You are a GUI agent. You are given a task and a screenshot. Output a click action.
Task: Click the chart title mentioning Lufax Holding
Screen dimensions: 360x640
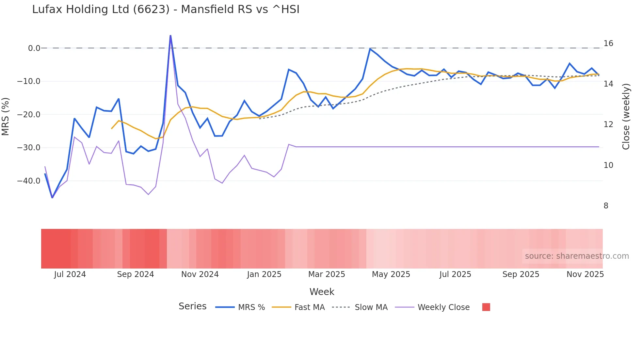(166, 9)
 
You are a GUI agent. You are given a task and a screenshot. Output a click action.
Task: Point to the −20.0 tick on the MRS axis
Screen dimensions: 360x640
(29, 115)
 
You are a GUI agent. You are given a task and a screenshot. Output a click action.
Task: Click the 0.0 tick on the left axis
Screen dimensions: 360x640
(34, 48)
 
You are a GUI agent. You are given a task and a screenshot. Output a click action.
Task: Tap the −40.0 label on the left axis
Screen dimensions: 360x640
(29, 181)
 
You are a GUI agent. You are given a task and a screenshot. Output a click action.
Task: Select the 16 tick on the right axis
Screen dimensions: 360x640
(608, 43)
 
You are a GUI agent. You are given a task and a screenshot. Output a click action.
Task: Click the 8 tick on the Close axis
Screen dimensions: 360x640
(606, 206)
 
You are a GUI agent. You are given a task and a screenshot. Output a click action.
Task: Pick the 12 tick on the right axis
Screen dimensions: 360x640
(608, 124)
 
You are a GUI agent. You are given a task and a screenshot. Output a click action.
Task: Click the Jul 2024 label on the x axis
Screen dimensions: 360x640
(70, 274)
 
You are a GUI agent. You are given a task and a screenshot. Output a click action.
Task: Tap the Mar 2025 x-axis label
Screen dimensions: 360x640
(327, 274)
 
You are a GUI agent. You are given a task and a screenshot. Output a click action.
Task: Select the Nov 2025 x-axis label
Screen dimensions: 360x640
(585, 274)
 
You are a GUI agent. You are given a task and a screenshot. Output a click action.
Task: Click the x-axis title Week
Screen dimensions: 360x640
(322, 292)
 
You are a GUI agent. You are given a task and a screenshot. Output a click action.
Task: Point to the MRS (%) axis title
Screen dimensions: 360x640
(6, 116)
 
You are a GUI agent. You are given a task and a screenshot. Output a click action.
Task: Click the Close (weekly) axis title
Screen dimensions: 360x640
(626, 117)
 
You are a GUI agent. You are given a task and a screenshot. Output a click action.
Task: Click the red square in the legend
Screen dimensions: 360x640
(486, 307)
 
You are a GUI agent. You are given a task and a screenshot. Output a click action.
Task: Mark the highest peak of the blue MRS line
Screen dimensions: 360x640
(170, 36)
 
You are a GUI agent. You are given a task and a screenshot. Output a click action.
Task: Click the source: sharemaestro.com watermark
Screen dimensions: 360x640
(577, 256)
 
